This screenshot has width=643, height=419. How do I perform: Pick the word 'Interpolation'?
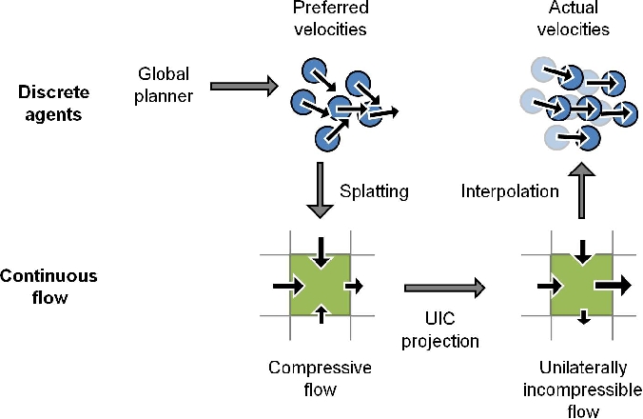point(510,191)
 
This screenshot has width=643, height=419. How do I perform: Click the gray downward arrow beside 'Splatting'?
point(322,190)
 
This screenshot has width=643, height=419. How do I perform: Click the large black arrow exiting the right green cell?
point(615,284)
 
